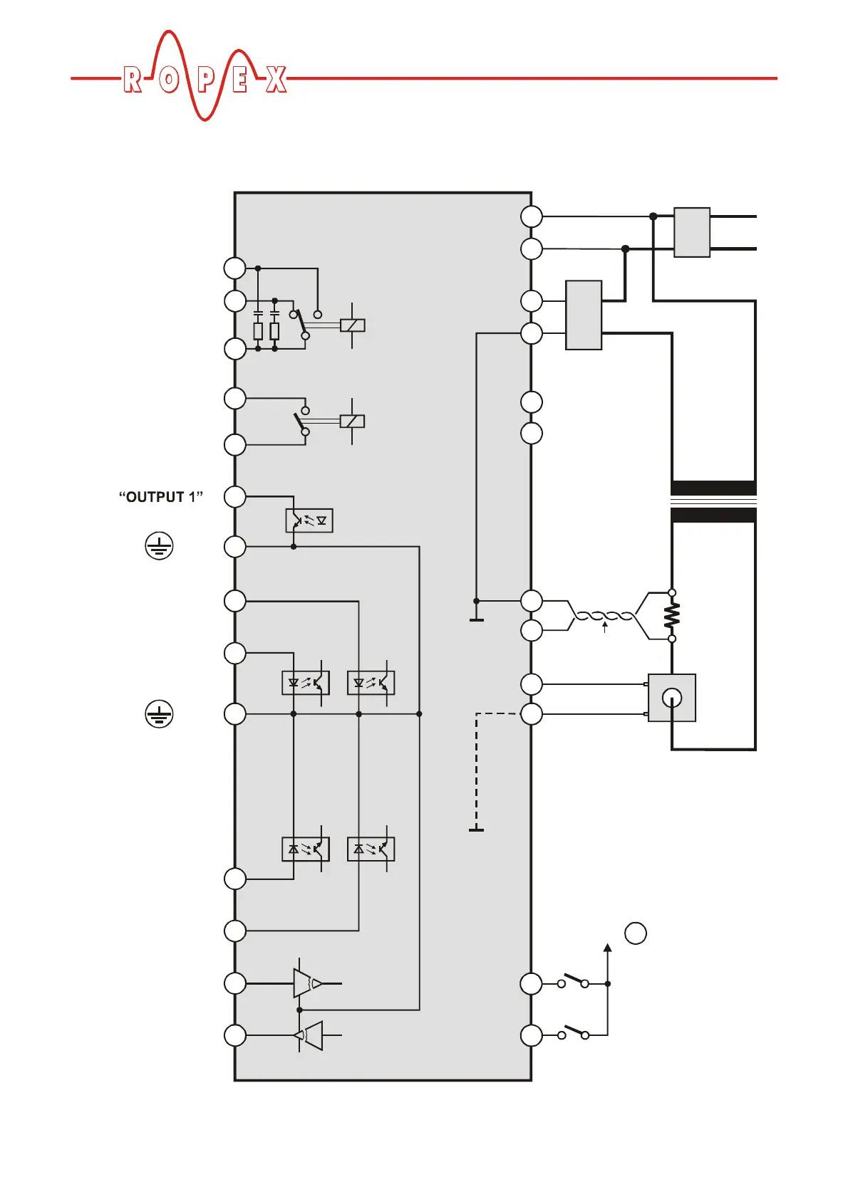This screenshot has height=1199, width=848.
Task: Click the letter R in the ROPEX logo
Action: tap(133, 80)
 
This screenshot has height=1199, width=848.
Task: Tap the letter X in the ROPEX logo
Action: tap(276, 80)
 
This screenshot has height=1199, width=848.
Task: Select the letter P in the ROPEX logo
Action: tap(205, 80)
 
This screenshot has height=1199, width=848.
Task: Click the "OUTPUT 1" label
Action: tap(161, 497)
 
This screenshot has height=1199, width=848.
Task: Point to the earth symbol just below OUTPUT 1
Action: tap(159, 546)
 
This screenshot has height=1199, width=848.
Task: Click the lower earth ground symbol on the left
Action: tap(159, 713)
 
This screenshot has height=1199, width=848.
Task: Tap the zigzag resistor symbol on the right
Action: tap(672, 616)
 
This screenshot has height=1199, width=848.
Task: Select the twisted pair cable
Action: tap(604, 616)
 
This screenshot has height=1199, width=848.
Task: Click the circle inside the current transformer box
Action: tap(672, 698)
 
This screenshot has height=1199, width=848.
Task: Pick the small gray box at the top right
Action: tap(692, 232)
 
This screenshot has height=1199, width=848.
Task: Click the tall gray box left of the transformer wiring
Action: tap(584, 315)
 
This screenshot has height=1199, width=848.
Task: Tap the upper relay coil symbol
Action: tap(353, 325)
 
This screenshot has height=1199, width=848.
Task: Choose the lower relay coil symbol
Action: tap(353, 421)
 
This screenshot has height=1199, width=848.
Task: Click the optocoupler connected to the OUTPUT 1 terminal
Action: tap(309, 520)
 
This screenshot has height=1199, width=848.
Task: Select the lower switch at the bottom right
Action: tap(573, 1032)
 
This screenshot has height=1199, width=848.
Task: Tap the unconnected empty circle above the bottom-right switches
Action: tap(636, 933)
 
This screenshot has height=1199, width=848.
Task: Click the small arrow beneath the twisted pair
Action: tap(605, 627)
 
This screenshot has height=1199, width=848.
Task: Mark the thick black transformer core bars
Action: tap(713, 502)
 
